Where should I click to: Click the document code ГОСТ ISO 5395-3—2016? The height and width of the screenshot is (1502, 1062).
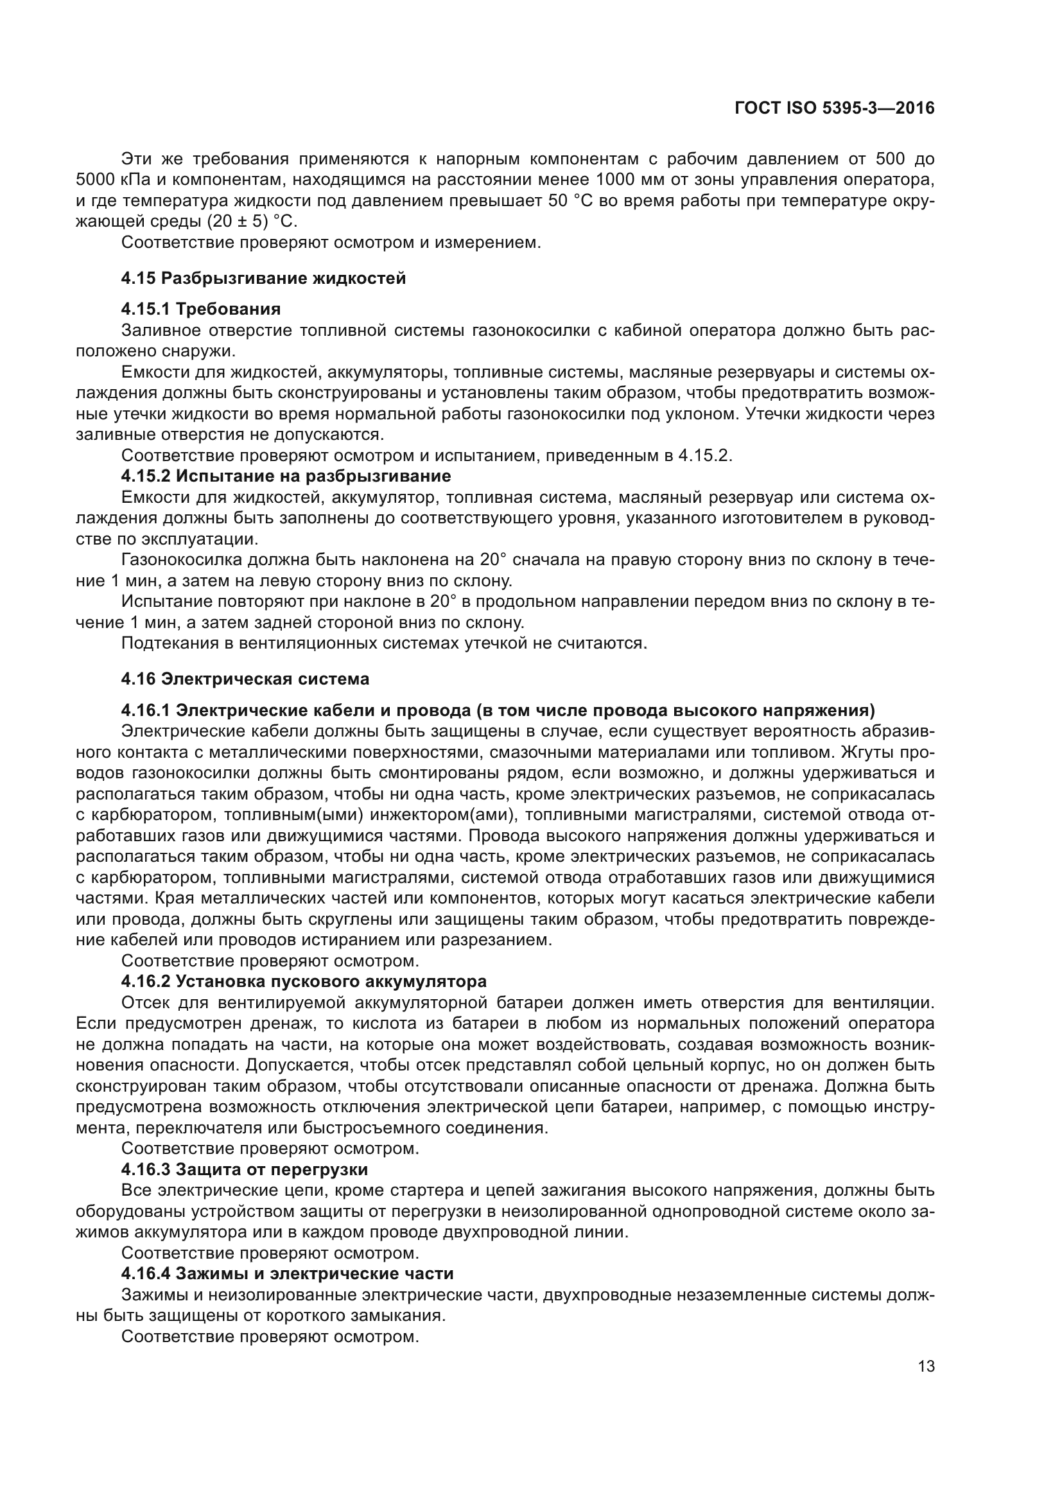click(x=835, y=109)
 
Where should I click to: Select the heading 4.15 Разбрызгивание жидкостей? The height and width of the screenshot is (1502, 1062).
click(x=263, y=278)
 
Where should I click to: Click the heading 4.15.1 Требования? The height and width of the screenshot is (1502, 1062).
click(x=201, y=309)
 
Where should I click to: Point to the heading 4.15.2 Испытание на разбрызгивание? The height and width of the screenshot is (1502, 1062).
click(x=286, y=476)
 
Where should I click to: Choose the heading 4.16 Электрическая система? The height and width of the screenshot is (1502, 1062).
click(x=245, y=679)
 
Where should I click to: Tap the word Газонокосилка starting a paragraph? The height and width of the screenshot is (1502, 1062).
click(x=182, y=560)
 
